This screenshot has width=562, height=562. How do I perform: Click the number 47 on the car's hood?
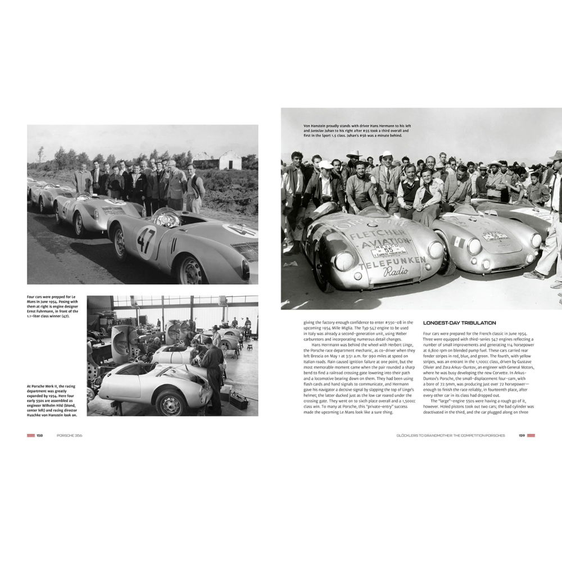click(146, 240)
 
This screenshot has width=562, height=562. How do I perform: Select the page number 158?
click(40, 436)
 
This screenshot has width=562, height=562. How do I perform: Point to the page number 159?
click(522, 436)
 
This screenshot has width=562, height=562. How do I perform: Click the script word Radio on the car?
click(396, 273)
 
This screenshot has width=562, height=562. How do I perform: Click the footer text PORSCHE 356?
click(69, 436)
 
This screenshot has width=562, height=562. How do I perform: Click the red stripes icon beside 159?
click(531, 436)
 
